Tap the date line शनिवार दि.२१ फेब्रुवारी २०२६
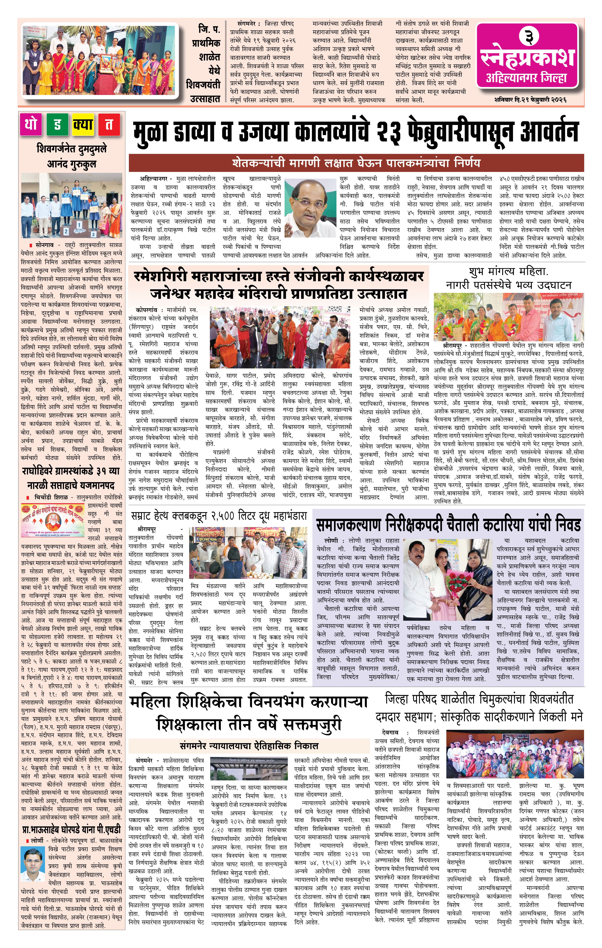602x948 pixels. (x=530, y=100)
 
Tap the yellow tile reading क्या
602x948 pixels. (x=83, y=125)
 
